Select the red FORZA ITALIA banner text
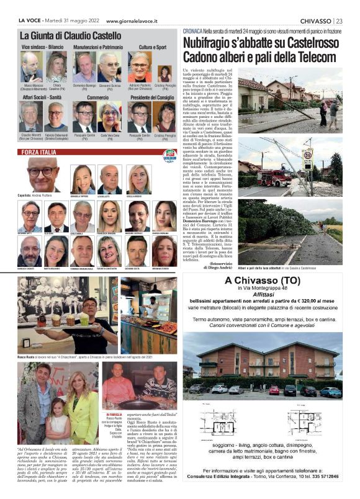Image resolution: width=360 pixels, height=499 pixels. pyautogui.click(x=40, y=152)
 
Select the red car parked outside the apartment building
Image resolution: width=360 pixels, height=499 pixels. pyautogui.click(x=274, y=390)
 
